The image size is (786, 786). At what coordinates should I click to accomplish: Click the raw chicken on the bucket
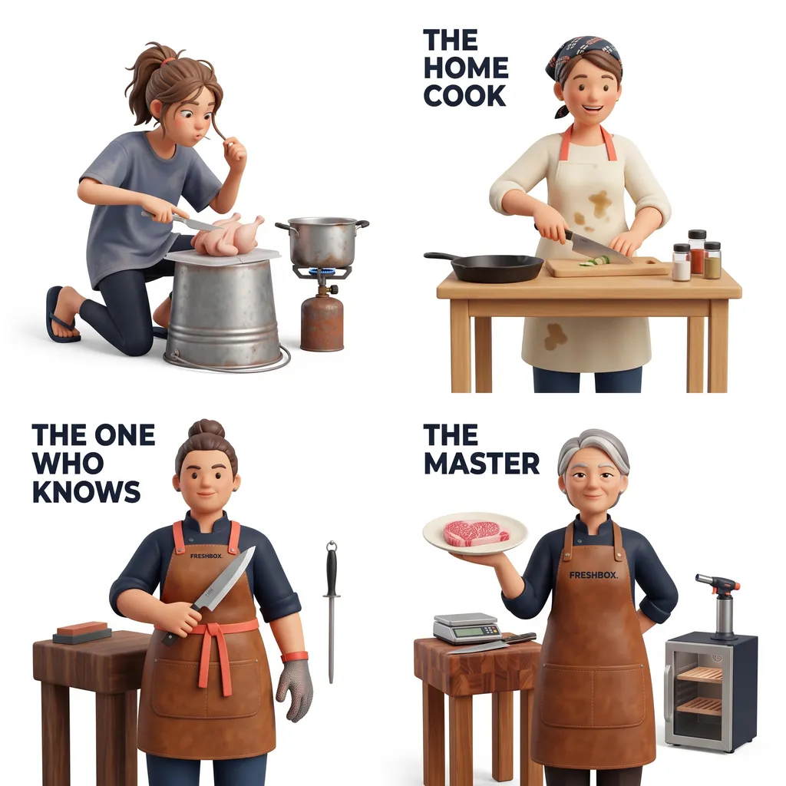click(x=227, y=234)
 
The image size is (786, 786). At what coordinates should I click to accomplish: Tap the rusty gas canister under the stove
click(x=322, y=321)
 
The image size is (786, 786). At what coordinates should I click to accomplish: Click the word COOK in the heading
click(x=464, y=96)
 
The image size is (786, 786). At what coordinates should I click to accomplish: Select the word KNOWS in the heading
click(x=86, y=491)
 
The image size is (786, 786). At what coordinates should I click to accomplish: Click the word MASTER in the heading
click(x=481, y=463)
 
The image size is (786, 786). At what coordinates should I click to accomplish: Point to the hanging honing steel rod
click(x=331, y=612)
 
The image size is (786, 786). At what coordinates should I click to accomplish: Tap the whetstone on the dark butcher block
click(x=81, y=632)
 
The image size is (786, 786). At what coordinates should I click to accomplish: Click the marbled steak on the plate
click(x=476, y=533)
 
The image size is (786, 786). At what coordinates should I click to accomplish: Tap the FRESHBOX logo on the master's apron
click(x=593, y=575)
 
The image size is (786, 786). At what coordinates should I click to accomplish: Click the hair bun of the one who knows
click(x=206, y=430)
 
